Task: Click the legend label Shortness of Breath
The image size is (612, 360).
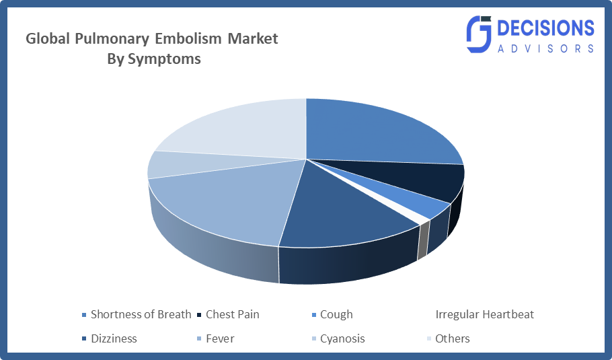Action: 141,314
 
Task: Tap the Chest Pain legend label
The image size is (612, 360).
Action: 232,314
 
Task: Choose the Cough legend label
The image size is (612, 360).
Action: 336,314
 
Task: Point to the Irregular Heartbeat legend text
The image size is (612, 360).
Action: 484,314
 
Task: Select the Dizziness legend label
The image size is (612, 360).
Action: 114,338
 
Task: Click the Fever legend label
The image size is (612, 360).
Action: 220,338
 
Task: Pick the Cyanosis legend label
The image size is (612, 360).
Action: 342,338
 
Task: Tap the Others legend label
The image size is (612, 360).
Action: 453,338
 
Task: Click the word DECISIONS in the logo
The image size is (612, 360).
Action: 546,28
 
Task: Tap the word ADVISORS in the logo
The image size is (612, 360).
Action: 546,48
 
